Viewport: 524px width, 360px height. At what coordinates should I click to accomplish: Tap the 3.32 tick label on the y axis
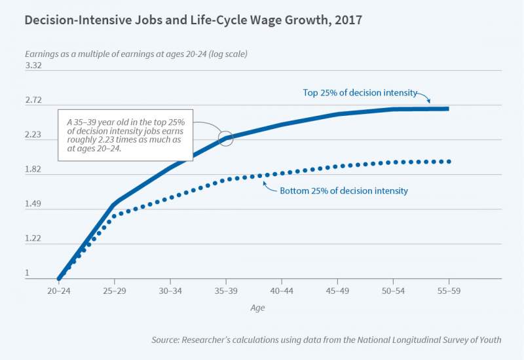point(33,65)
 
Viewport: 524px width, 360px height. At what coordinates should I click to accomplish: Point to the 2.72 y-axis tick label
point(33,100)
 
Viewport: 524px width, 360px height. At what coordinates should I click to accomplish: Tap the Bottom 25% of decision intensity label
point(344,190)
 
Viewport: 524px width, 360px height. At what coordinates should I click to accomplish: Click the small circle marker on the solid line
point(226,139)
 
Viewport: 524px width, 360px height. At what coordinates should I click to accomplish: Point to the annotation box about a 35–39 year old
point(126,135)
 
